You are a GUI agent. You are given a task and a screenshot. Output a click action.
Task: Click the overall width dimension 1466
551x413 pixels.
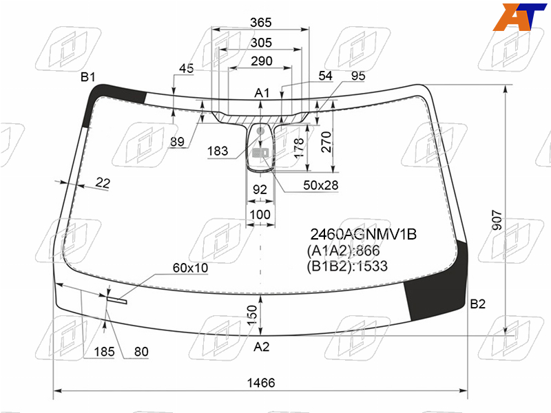pos(261,383)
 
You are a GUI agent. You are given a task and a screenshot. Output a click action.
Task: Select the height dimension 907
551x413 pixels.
pos(497,220)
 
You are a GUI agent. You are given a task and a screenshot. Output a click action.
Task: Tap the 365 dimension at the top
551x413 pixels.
pos(261,23)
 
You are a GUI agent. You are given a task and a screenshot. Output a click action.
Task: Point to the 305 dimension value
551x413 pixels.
pos(261,43)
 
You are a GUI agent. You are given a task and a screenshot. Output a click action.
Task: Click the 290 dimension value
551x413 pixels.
pos(262,61)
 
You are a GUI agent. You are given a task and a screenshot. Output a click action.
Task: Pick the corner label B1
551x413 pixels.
pos(88,76)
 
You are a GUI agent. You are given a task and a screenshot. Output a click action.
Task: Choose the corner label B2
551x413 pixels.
pos(477,304)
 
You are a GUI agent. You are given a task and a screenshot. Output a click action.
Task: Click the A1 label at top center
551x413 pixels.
pos(262,93)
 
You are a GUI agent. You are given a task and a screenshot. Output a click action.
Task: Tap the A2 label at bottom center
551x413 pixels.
pos(262,347)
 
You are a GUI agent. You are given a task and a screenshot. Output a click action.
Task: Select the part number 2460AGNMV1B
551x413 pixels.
pos(364,234)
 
